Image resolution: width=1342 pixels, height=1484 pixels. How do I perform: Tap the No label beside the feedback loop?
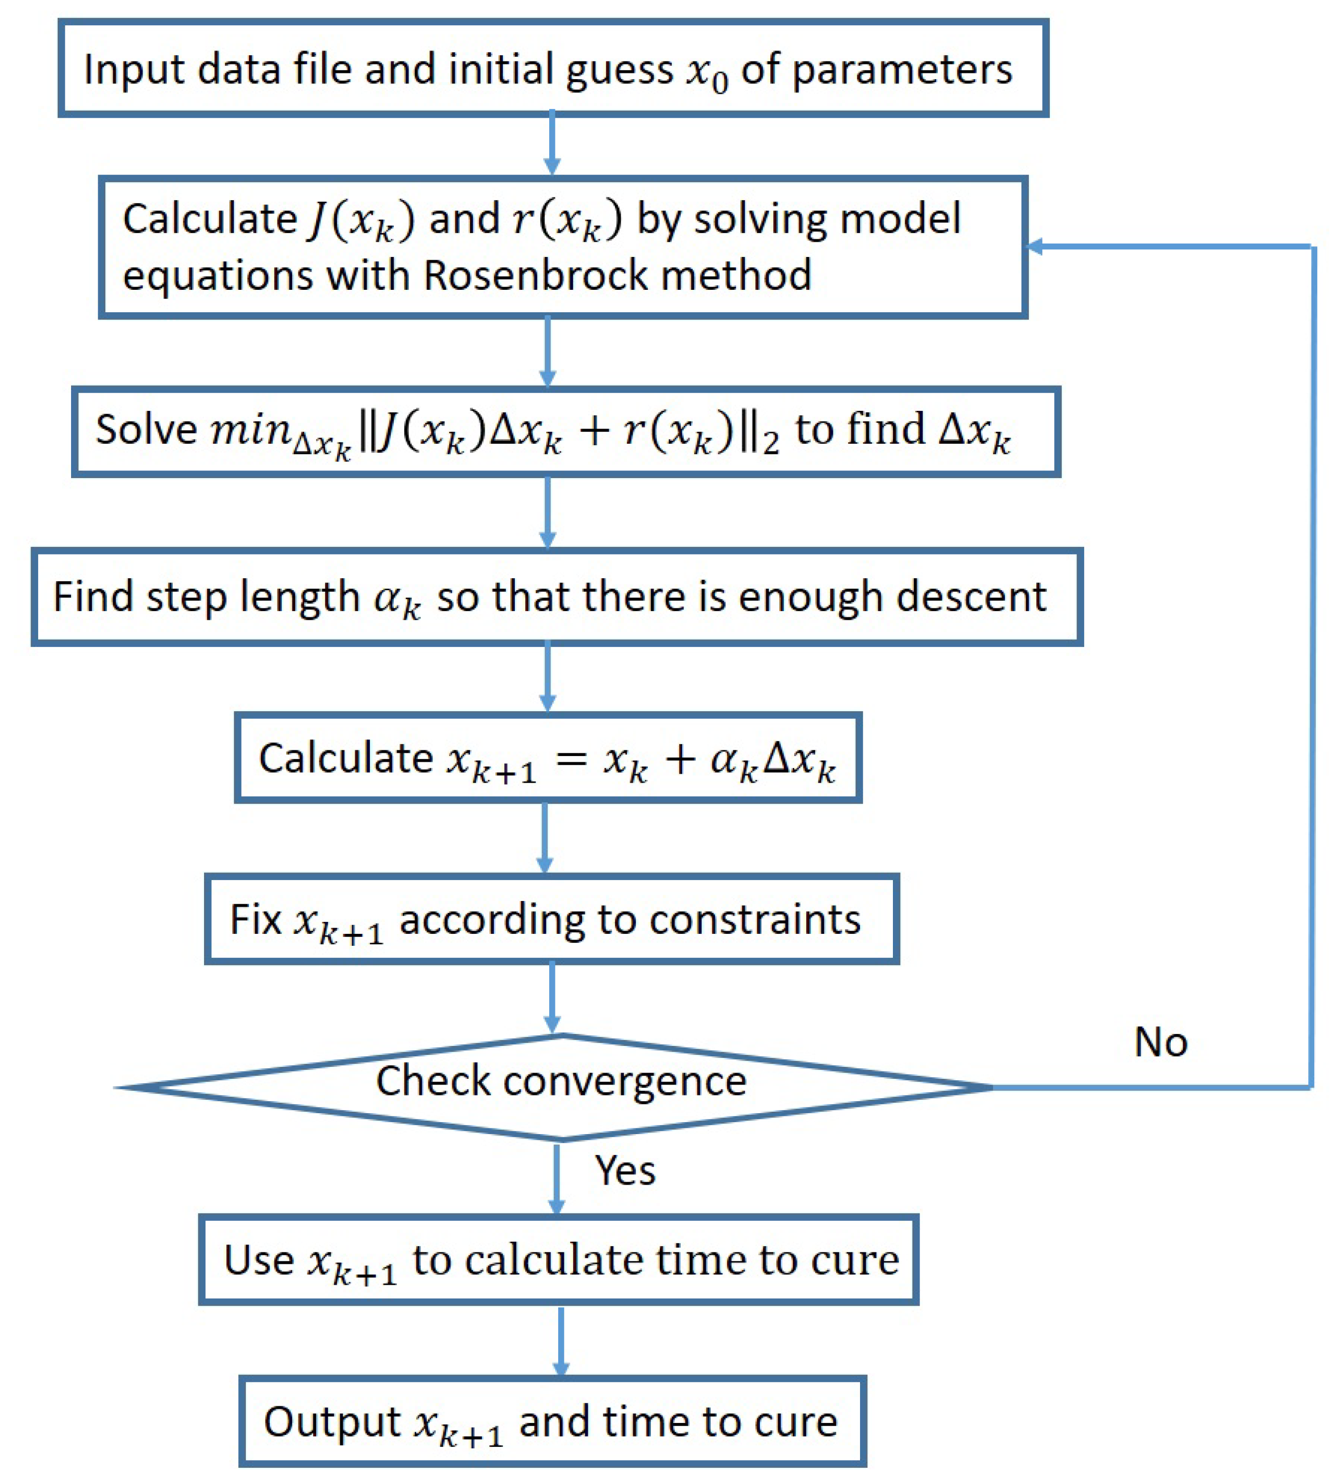[1161, 1043]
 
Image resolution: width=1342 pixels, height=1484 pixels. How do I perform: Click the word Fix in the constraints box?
[256, 920]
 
